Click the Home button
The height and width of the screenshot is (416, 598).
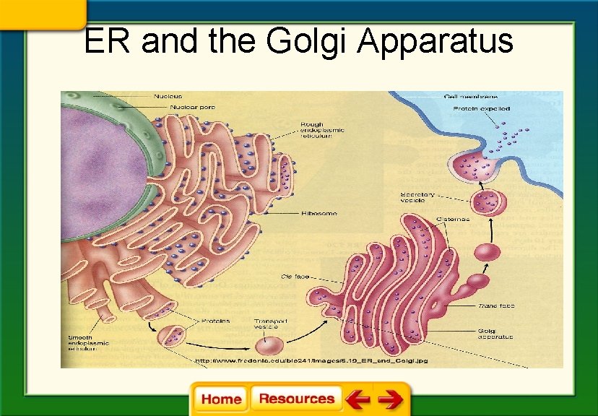(x=221, y=399)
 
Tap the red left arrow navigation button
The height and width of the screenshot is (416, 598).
(x=357, y=399)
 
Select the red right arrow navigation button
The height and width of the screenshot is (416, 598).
(x=390, y=399)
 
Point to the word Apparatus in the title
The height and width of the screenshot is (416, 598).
(x=435, y=41)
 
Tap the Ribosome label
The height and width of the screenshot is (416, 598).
(x=321, y=214)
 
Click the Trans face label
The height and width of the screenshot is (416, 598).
(x=495, y=306)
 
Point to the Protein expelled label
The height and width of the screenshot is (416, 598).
(x=481, y=108)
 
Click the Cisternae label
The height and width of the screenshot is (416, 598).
(x=453, y=219)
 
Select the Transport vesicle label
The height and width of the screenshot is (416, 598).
(x=271, y=324)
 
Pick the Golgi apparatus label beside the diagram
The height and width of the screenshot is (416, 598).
(x=495, y=333)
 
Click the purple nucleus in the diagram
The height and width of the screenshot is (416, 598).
(x=101, y=166)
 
